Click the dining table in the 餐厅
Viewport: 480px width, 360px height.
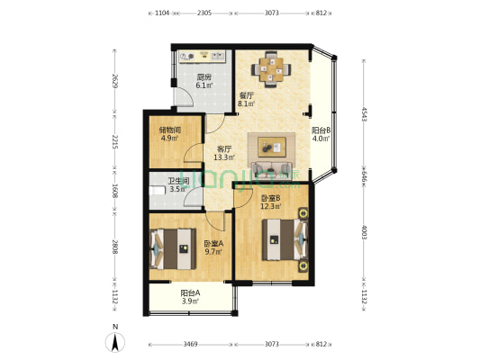273,67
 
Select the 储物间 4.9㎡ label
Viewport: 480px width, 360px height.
171,135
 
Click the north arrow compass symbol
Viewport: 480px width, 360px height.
115,341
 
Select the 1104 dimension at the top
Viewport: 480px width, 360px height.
162,13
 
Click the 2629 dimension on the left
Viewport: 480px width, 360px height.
114,82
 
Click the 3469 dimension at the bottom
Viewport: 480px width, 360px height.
190,345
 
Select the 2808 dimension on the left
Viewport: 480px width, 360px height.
114,247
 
